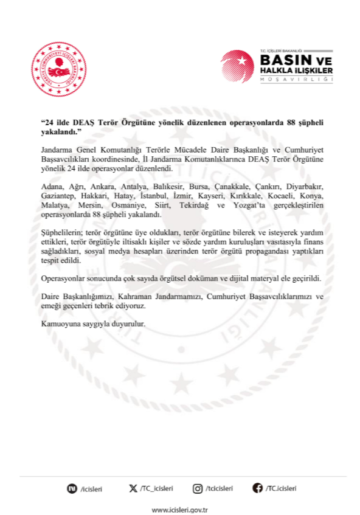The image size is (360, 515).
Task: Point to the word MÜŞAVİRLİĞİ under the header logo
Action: coord(297,80)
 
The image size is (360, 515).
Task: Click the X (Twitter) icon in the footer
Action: coord(133,488)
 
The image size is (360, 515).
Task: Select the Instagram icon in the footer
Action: coord(198,488)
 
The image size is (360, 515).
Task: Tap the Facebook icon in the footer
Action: coord(257,488)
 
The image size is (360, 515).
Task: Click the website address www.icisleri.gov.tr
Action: coord(179,510)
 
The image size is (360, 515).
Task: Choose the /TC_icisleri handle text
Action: coord(156,488)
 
